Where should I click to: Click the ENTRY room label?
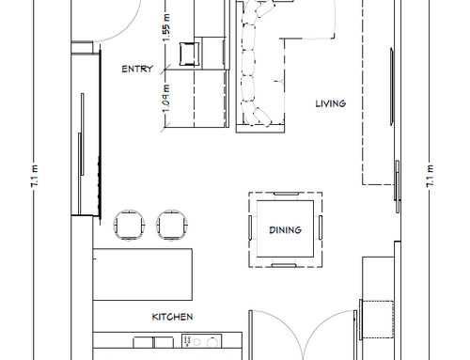tap(137, 69)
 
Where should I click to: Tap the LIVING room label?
tap(331, 103)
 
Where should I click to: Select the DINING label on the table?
tap(286, 230)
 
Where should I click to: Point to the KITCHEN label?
tap(172, 317)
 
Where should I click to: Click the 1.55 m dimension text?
tap(166, 27)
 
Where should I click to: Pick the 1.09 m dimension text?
tap(166, 99)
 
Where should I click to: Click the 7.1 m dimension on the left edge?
tap(35, 177)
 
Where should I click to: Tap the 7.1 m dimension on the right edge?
tap(431, 177)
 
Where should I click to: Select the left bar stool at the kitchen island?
tap(129, 225)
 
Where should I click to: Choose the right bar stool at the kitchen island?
tap(172, 225)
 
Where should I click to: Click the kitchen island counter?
tap(143, 274)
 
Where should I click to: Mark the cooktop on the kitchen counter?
tap(202, 341)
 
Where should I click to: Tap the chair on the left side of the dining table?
tap(250, 227)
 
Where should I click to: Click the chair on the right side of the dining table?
tap(321, 227)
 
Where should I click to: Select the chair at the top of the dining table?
tap(286, 194)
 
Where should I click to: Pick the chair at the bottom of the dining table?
tap(284, 266)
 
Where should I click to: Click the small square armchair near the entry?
tap(190, 54)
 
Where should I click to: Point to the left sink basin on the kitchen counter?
tap(143, 342)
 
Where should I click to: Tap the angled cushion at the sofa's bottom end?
tap(262, 117)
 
